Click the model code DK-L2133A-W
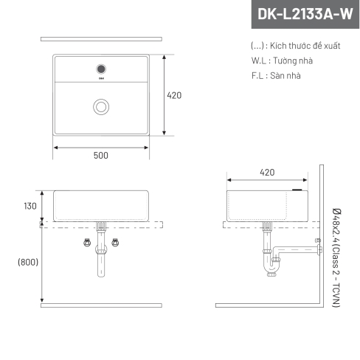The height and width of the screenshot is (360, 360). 305,14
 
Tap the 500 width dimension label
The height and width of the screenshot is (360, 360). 101,156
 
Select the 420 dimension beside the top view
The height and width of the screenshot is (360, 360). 174,95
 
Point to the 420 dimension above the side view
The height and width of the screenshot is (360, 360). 267,173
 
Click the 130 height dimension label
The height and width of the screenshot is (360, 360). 30,206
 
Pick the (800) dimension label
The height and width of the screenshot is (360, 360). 28,262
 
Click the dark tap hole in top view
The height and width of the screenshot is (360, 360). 101,69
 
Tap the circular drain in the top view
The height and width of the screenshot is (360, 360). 101,107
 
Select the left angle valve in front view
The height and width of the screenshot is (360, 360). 87,243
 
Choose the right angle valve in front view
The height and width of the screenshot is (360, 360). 115,243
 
